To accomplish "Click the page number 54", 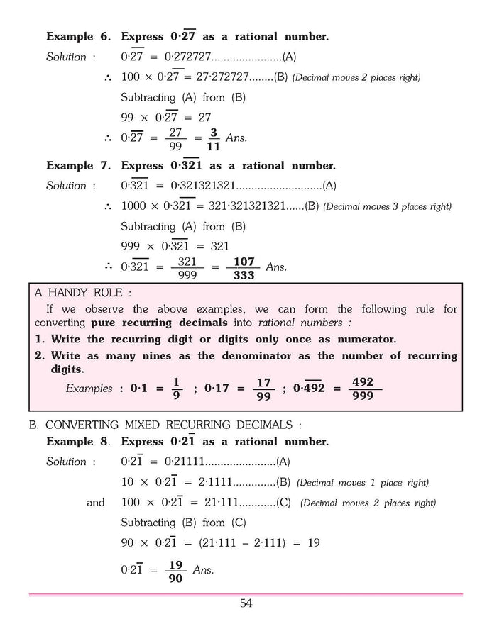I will point(246,603).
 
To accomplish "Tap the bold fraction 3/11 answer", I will point(213,138).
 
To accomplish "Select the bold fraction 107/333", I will point(244,268).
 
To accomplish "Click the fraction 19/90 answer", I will point(175,571).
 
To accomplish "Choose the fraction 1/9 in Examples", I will point(177,389).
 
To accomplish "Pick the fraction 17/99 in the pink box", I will point(263,389).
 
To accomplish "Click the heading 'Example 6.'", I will point(80,36).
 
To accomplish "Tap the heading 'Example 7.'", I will point(80,166).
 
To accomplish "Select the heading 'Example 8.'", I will point(80,442).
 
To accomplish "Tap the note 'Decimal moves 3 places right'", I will point(388,207).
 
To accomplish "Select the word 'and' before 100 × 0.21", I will point(96,503).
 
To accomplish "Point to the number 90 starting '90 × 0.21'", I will point(129,543).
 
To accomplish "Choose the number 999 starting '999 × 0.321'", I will point(131,247).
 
